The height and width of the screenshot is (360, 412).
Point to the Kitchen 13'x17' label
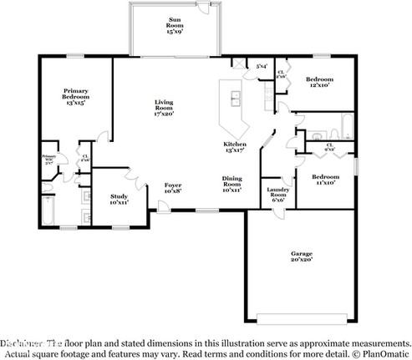(x=233, y=147)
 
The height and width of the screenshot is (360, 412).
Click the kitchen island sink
(x=235, y=98)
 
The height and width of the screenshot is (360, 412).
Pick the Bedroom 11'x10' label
(x=325, y=180)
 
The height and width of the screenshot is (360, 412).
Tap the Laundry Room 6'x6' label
(x=277, y=195)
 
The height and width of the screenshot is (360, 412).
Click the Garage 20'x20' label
(x=302, y=256)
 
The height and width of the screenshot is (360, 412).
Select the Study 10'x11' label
(x=119, y=199)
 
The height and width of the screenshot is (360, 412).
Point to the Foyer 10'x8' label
(x=172, y=187)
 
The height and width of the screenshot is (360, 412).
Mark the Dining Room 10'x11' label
(x=231, y=185)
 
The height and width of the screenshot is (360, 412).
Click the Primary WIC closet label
(x=49, y=159)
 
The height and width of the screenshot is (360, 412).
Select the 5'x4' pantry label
(x=261, y=67)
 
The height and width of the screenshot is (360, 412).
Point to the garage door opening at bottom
(x=302, y=317)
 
